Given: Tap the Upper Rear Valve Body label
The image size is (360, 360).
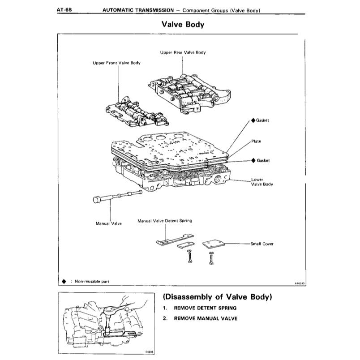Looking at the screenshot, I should point(183,52).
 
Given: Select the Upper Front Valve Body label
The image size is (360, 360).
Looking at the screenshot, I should point(116,63).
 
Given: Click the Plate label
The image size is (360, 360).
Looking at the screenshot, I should point(256,141).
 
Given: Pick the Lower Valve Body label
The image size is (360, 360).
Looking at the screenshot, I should point(262,182).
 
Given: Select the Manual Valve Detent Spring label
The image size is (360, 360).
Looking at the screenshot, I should point(164,221).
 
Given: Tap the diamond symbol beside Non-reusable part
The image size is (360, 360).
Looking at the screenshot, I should point(64,281).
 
